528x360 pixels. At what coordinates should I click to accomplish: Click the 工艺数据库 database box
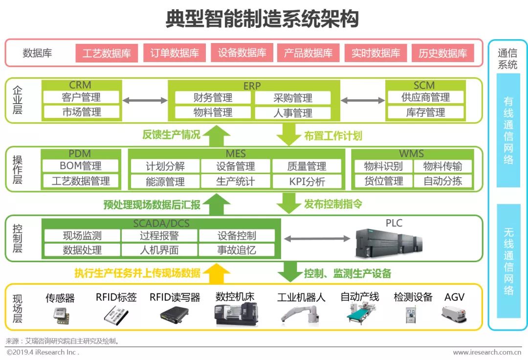(x=107, y=53)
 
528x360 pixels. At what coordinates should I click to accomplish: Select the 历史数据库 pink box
(x=442, y=53)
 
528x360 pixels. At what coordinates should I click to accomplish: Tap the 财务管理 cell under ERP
(x=213, y=98)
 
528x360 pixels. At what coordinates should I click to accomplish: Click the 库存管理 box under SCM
(x=425, y=112)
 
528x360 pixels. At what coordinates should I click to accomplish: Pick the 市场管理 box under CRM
(x=81, y=112)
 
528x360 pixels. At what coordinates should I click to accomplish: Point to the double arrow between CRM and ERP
(x=145, y=101)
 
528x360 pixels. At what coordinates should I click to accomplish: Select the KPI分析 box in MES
(x=307, y=181)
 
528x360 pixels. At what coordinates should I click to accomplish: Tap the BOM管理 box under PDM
(x=81, y=166)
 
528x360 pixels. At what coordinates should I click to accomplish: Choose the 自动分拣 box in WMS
(x=442, y=181)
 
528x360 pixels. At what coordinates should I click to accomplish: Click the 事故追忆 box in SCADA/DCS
(x=237, y=250)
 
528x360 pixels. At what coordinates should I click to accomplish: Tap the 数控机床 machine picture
(x=236, y=313)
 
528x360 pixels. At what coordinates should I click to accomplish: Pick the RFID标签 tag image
(x=116, y=315)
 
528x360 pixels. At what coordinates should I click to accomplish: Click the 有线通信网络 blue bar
(x=508, y=130)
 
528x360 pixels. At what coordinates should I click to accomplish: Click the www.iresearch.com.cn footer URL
(x=486, y=352)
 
